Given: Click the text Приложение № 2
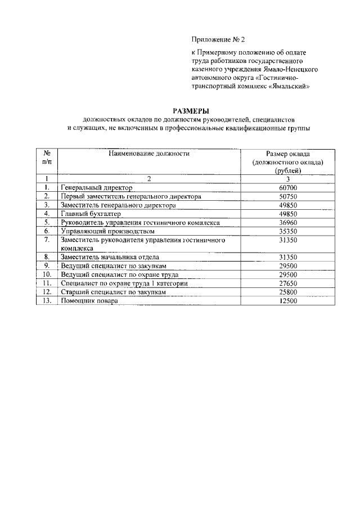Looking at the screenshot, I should [x=218, y=39].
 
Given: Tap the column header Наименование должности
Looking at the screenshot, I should [x=149, y=153].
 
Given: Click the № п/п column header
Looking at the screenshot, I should [x=48, y=157].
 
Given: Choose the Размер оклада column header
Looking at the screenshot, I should [x=287, y=161].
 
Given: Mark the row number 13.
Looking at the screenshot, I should [x=48, y=301].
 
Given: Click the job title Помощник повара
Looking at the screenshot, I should [x=89, y=301].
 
